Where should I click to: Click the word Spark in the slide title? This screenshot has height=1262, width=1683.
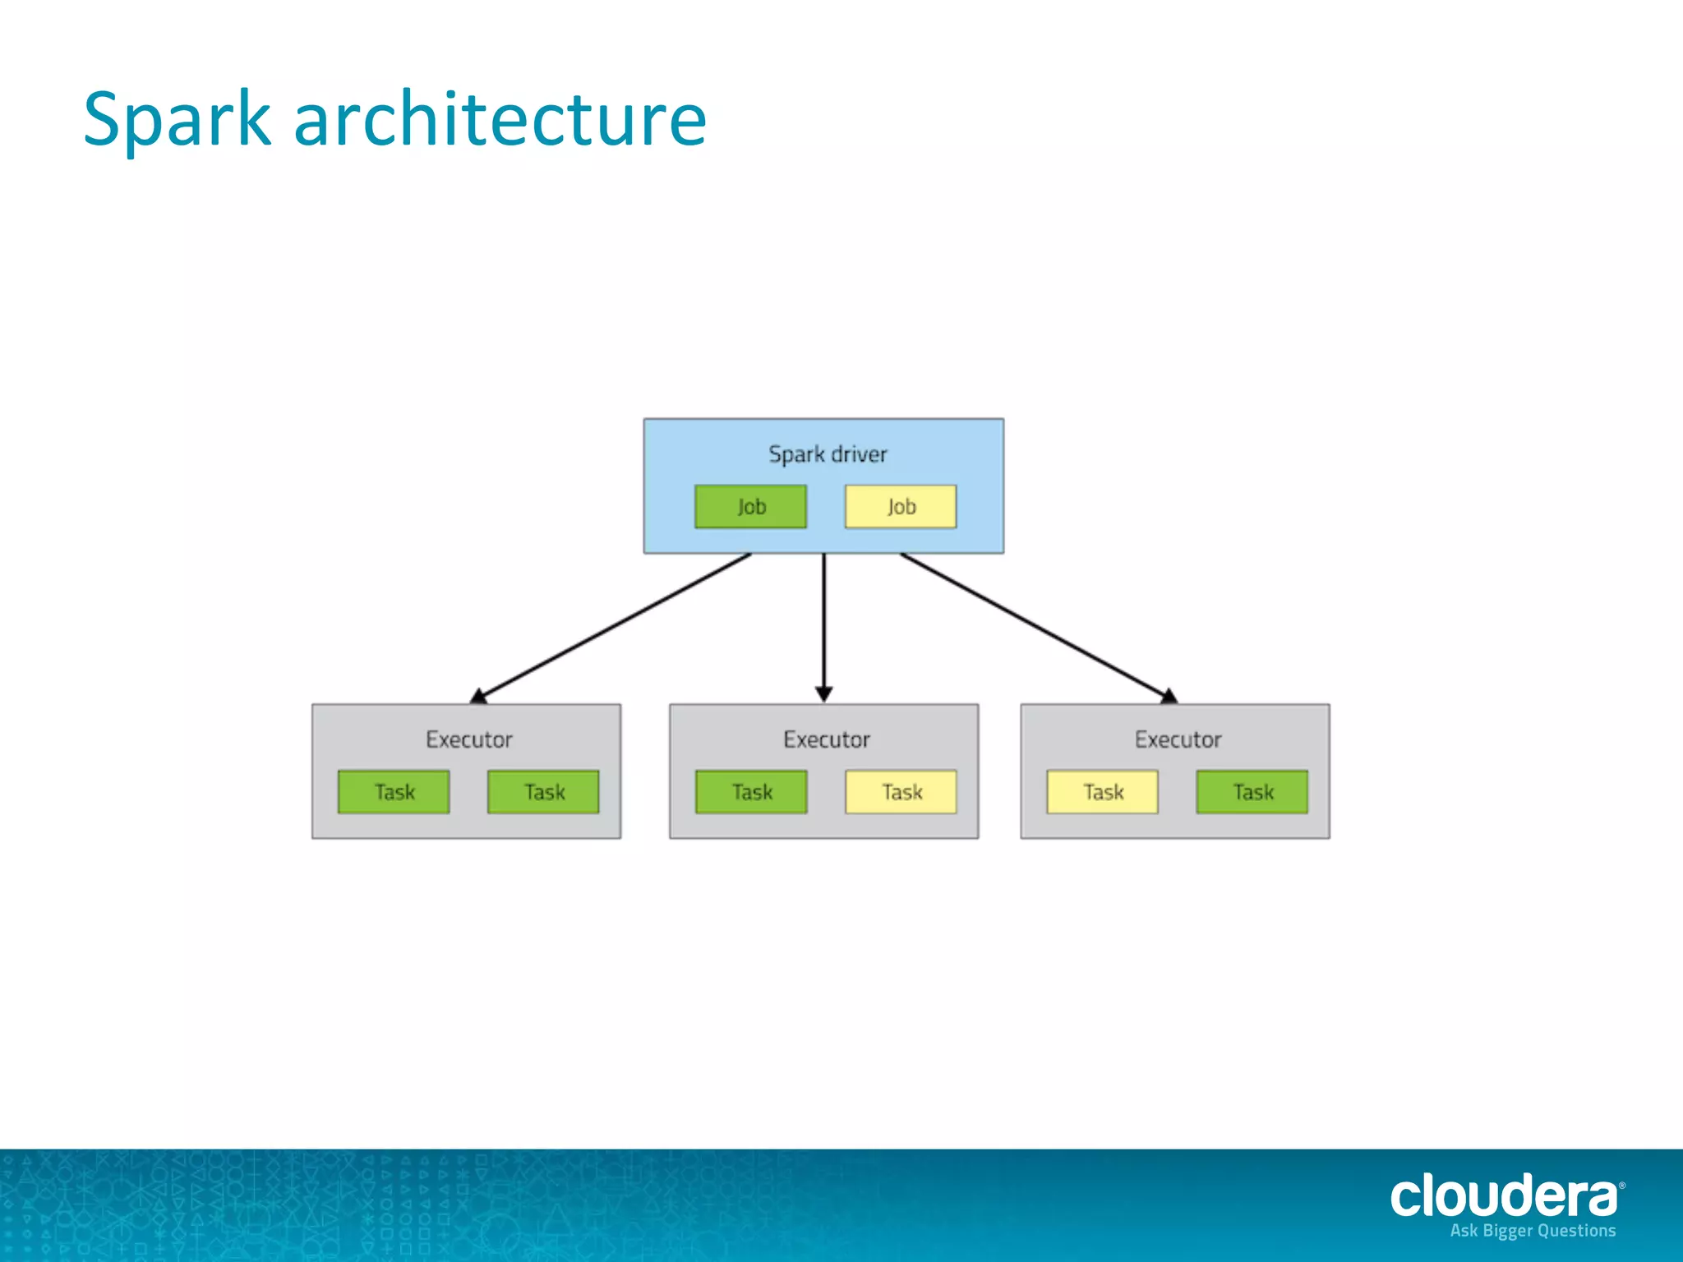coord(177,120)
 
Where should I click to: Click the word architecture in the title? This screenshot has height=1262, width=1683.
coord(500,120)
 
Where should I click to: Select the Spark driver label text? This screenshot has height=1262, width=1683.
coord(828,454)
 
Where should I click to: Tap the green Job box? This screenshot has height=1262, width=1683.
coord(750,506)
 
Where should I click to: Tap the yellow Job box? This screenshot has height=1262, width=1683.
coord(901,506)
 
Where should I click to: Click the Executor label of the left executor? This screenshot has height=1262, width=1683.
coord(468,739)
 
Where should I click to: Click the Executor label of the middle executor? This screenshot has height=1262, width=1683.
coord(826,739)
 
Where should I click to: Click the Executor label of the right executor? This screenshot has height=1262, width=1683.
coord(1178,739)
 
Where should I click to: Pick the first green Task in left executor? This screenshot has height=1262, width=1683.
coord(394,792)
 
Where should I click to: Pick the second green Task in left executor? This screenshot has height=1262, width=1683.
coord(543,792)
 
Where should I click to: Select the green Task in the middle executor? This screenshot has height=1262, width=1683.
coord(751,792)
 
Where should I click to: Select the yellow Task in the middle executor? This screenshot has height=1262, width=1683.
coord(901,792)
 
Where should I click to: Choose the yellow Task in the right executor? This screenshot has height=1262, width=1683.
coord(1102,792)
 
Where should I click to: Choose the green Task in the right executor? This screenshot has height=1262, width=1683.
coord(1252,792)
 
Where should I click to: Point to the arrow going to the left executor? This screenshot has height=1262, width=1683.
coord(612,629)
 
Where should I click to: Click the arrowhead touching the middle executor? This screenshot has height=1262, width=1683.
coord(824,694)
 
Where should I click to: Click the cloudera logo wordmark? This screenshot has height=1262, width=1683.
coord(1504,1195)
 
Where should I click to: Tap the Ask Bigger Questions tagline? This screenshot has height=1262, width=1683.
coord(1533,1231)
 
